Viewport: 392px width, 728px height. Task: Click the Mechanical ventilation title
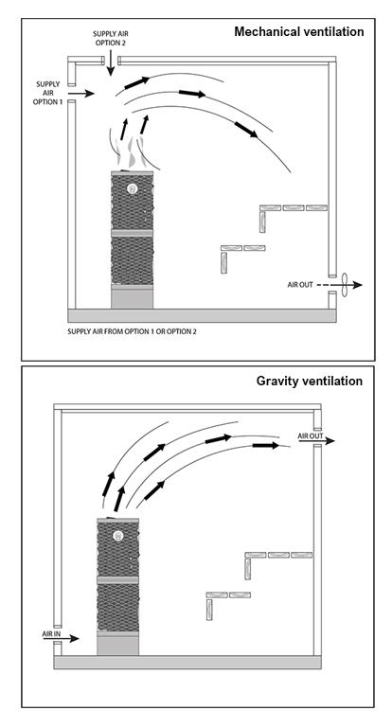click(x=298, y=31)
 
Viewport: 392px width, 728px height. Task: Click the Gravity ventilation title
click(x=310, y=381)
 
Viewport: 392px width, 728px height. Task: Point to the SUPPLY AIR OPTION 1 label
click(x=47, y=93)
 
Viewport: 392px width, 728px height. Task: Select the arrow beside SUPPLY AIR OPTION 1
click(x=83, y=94)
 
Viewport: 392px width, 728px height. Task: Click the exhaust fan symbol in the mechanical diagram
click(x=345, y=285)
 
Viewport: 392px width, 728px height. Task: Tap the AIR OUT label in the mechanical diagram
click(x=300, y=285)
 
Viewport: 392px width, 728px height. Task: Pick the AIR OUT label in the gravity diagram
click(x=311, y=436)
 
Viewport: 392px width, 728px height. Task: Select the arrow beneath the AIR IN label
click(x=62, y=639)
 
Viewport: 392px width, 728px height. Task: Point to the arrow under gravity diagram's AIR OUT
click(x=316, y=441)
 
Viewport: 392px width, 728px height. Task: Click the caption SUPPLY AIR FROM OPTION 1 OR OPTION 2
click(x=132, y=331)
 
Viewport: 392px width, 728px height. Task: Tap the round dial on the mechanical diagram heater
click(x=132, y=189)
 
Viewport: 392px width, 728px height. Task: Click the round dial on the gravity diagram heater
click(x=117, y=536)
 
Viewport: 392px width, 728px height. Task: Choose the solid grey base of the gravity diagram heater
click(x=117, y=645)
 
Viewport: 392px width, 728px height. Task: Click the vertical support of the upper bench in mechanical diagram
click(x=262, y=222)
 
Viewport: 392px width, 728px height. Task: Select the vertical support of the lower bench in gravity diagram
click(x=209, y=609)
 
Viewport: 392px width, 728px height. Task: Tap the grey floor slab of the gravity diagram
click(x=187, y=662)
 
